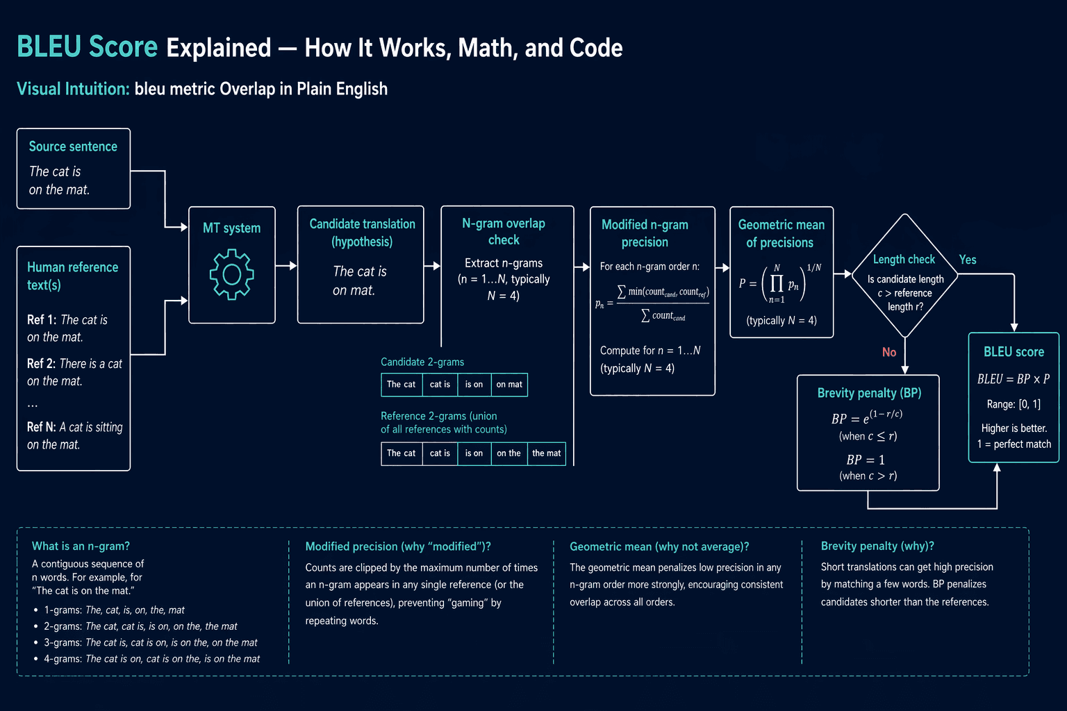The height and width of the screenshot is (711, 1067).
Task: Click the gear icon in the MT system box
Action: point(231,274)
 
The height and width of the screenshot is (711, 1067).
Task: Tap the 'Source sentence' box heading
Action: point(73,147)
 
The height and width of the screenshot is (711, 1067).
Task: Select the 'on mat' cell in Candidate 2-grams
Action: point(509,384)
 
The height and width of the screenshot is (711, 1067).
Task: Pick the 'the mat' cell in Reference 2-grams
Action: point(547,453)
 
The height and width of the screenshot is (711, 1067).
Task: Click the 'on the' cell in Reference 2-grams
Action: point(508,453)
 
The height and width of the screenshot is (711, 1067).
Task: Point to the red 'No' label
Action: point(889,352)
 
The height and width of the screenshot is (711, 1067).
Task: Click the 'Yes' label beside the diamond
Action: point(968,260)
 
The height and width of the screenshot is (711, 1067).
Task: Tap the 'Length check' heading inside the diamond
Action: point(904,259)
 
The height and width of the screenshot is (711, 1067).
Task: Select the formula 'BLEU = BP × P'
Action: point(1014,379)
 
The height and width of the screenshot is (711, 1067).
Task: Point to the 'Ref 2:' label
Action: point(42,363)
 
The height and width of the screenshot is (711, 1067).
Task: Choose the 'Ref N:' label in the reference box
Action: point(42,427)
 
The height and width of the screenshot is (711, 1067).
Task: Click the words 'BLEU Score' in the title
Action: point(87,47)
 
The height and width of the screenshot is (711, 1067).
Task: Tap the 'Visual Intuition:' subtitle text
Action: point(73,89)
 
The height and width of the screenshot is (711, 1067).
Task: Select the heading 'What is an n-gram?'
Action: point(81,546)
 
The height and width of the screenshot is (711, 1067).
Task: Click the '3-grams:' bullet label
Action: point(63,642)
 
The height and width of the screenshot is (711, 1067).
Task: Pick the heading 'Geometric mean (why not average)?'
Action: point(659,546)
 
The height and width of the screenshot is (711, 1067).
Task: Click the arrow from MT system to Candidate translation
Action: point(286,266)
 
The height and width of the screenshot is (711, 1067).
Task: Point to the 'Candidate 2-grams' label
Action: point(422,362)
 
